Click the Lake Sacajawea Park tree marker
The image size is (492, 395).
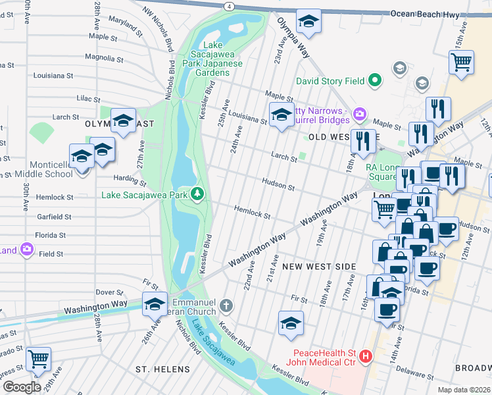197,194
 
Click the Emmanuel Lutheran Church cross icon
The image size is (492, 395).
226,305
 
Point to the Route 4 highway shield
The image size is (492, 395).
228,5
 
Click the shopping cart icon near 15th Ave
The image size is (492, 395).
462,62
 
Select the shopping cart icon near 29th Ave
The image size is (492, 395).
39,359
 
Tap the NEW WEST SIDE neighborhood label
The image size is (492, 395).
319,267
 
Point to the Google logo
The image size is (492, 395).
21,387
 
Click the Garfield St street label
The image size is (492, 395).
54,216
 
